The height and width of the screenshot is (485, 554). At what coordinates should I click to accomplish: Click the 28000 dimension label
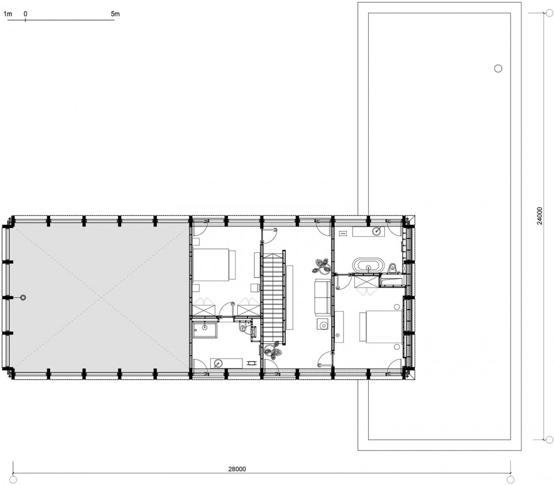237,469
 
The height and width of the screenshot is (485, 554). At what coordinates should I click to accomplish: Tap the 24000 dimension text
539,217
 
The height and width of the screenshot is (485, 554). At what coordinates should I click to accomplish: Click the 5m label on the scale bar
115,14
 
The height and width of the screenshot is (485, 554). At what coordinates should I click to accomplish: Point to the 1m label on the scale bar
8,14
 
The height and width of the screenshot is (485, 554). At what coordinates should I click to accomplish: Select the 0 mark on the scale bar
26,14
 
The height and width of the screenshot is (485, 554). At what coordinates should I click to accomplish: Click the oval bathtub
368,265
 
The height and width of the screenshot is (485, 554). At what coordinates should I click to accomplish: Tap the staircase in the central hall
273,296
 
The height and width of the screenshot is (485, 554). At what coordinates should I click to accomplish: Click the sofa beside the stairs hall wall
323,297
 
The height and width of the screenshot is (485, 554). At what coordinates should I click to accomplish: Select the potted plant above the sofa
321,266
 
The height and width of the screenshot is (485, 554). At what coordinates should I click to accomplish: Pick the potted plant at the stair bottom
273,350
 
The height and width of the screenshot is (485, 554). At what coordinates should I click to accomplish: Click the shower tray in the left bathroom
205,329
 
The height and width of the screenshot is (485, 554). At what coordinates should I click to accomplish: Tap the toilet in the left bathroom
244,327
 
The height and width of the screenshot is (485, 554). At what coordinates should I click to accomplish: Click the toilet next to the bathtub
391,268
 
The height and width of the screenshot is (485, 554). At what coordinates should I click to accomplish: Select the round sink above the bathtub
377,232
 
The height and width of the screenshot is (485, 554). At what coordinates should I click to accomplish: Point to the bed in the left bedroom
215,265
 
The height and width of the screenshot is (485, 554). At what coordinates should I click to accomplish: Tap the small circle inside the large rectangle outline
498,69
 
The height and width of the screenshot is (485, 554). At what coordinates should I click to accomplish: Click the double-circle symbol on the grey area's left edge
23,298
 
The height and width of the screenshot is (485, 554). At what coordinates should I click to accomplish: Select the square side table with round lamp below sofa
322,324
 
